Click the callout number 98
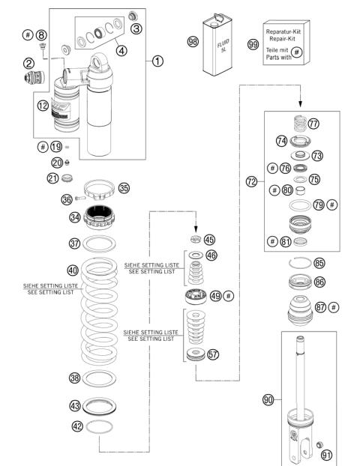point(192,42)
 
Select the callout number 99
point(253,44)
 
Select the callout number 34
point(74,218)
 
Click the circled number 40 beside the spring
point(73,270)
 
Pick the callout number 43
point(75,405)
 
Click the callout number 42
point(76,426)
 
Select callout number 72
point(253,181)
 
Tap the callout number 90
point(268,399)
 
